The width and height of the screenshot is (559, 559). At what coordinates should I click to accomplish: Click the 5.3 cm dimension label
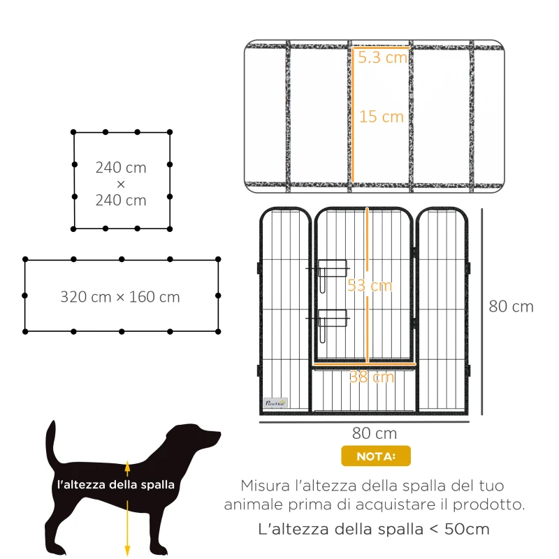coord(382,57)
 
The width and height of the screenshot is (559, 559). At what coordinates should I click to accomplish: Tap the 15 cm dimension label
coord(382,117)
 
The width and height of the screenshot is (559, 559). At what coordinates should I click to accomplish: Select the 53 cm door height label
coord(370,286)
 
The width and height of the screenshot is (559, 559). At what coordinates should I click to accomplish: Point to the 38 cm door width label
coord(372,377)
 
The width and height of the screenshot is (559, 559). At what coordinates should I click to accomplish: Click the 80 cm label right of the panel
coord(511,306)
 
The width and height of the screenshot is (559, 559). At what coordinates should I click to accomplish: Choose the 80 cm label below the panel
coord(371,433)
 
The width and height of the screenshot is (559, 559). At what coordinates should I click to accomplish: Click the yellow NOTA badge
coord(376,456)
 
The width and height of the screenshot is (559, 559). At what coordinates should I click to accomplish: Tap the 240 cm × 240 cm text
coord(121,184)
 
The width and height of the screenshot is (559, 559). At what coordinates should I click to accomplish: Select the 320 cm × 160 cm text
coord(120,297)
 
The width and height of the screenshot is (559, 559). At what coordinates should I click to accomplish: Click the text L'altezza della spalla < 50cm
coord(374,529)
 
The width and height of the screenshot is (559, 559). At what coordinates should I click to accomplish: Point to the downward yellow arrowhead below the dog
coord(127,550)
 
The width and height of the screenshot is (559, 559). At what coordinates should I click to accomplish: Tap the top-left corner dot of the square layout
coord(75,132)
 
